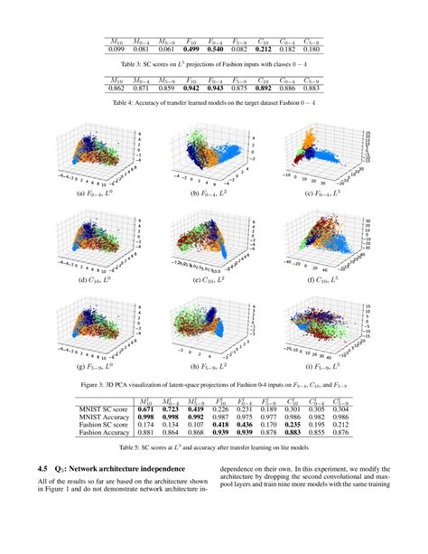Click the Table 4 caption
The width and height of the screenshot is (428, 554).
[213, 105]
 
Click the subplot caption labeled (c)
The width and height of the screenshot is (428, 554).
[327, 193]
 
